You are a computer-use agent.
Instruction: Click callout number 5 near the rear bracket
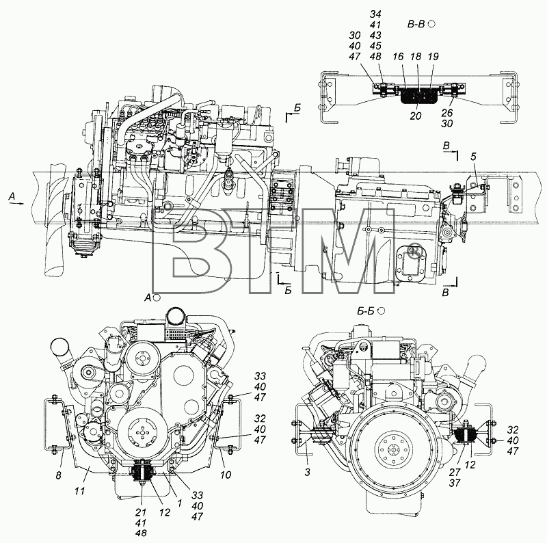(x=473, y=157)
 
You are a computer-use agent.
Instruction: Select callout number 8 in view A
(x=59, y=475)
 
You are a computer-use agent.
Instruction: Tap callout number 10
(x=226, y=475)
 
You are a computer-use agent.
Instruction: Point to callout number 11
(x=80, y=491)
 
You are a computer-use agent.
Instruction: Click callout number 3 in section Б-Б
(x=307, y=473)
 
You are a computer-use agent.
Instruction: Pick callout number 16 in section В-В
(x=398, y=57)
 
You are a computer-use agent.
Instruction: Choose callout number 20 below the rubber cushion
(x=416, y=116)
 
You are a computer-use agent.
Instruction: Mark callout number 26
(x=447, y=113)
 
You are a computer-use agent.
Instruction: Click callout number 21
(x=142, y=512)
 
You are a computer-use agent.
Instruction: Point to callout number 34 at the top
(x=375, y=14)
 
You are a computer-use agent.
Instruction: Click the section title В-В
(x=416, y=24)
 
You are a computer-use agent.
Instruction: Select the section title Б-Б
(x=366, y=310)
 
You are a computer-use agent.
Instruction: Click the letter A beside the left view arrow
(x=12, y=197)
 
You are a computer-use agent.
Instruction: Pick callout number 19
(x=433, y=57)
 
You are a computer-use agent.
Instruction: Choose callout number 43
(x=375, y=36)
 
